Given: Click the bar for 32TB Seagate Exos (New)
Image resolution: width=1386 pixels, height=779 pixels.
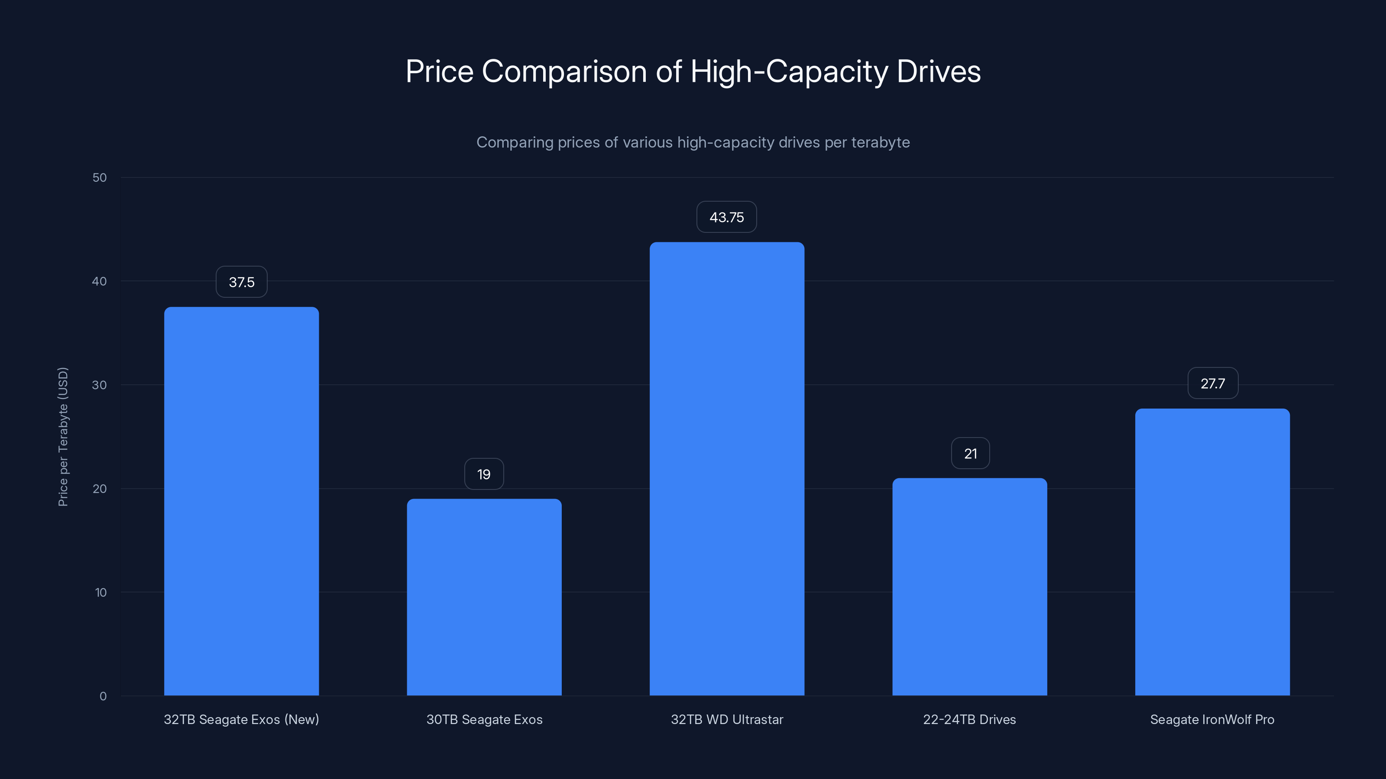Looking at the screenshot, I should [241, 501].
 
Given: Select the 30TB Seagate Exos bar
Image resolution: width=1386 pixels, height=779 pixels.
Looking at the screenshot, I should [484, 597].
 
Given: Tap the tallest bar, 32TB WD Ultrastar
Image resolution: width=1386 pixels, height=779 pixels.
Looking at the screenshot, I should [726, 468].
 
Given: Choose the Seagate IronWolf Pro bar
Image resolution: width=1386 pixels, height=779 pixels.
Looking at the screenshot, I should [1212, 552].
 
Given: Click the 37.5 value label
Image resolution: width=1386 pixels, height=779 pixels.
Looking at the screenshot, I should [242, 282].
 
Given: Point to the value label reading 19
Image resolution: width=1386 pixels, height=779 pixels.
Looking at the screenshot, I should [484, 474].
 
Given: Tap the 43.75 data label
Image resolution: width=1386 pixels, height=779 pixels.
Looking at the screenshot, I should [726, 217].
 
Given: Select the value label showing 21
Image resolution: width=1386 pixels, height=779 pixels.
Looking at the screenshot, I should [970, 453].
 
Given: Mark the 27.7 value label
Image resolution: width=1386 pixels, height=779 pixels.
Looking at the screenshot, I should [1213, 383].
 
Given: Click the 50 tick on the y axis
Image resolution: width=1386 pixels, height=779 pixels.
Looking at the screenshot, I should [100, 177].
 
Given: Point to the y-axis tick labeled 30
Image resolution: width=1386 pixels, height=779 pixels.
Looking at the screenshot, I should [100, 385].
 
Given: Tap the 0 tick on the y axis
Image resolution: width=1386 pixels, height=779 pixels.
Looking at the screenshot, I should [103, 696].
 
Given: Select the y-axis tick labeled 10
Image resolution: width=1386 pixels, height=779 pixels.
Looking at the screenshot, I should [100, 592].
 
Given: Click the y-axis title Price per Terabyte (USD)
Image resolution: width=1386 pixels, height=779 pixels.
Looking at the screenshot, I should [63, 437].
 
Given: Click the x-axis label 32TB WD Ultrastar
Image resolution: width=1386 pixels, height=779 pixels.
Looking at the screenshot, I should [726, 719].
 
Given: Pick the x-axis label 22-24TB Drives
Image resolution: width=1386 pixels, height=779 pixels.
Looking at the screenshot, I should [970, 719].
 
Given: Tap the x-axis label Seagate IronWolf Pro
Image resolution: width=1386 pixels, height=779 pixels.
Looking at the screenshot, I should [1212, 719].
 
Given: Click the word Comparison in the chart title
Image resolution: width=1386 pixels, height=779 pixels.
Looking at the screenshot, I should [564, 71].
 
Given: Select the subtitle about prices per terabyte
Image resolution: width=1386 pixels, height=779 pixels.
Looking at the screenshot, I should [693, 142].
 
